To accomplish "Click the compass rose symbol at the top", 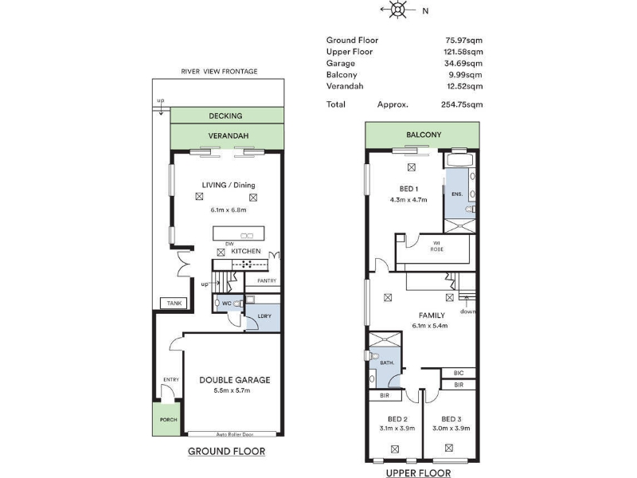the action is pyautogui.click(x=398, y=10).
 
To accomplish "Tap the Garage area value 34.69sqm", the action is pyautogui.click(x=463, y=63).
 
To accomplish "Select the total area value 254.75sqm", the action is pyautogui.click(x=462, y=104).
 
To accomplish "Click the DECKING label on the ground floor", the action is pyautogui.click(x=225, y=116).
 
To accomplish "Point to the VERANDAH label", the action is pyautogui.click(x=229, y=135).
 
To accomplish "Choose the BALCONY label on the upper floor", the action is pyautogui.click(x=424, y=135).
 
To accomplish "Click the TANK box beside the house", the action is pyautogui.click(x=174, y=304).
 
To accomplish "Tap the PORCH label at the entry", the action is pyautogui.click(x=168, y=420).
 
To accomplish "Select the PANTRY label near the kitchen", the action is pyautogui.click(x=267, y=281).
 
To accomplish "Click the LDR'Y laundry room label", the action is pyautogui.click(x=264, y=315).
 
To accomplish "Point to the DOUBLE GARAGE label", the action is pyautogui.click(x=235, y=380).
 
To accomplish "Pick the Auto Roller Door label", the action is pyautogui.click(x=235, y=434).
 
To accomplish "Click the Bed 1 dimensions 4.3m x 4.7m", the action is pyautogui.click(x=408, y=200).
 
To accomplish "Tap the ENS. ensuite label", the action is pyautogui.click(x=457, y=194).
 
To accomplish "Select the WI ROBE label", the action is pyautogui.click(x=436, y=246).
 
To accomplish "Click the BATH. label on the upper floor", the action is pyautogui.click(x=387, y=362).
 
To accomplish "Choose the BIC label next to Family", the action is pyautogui.click(x=459, y=373).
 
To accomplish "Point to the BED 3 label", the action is pyautogui.click(x=451, y=419).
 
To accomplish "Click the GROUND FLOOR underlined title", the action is pyautogui.click(x=226, y=451).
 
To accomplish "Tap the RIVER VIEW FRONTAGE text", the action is pyautogui.click(x=219, y=72).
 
